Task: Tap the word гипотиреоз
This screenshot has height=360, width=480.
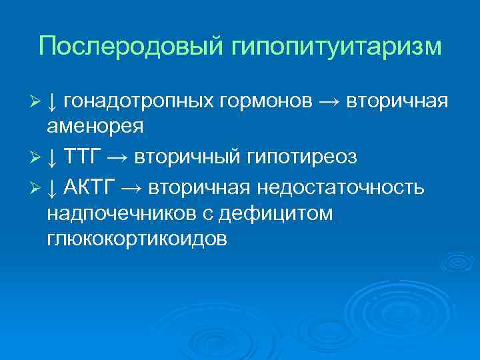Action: tap(303, 157)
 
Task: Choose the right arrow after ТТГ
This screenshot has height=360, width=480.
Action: tap(117, 158)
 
